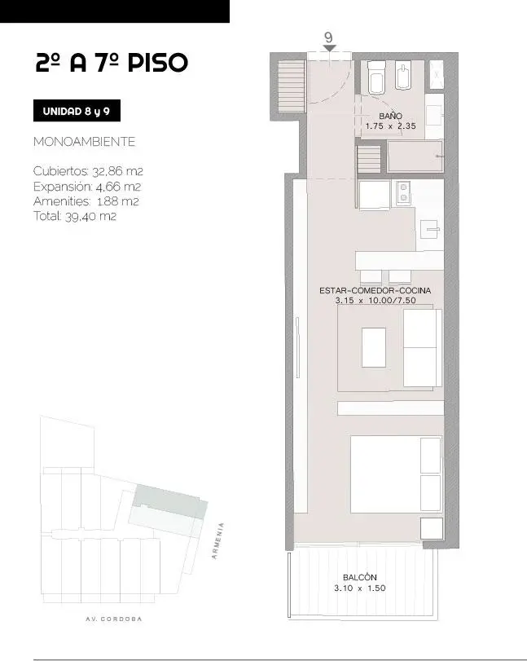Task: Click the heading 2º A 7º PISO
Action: [x=112, y=63]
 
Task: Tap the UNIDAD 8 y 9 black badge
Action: [x=77, y=111]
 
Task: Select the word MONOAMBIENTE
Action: [x=84, y=142]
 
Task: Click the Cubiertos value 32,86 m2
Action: [x=117, y=172]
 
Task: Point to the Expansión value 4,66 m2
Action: [x=118, y=187]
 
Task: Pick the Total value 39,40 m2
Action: [x=90, y=216]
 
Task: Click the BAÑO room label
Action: [x=390, y=116]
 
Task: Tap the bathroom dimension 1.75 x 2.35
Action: [x=390, y=126]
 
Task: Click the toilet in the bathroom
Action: [x=375, y=77]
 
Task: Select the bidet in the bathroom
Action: [x=403, y=76]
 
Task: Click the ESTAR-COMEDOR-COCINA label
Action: [x=375, y=290]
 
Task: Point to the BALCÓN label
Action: [x=360, y=578]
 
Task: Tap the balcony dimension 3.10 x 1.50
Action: [x=360, y=588]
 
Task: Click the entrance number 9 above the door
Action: [x=328, y=37]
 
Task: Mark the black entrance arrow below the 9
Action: [x=329, y=48]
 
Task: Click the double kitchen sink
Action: [x=403, y=193]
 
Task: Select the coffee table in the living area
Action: [x=374, y=347]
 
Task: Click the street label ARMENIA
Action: [x=217, y=541]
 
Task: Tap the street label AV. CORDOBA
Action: [x=114, y=619]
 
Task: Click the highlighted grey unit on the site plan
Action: [x=170, y=501]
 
